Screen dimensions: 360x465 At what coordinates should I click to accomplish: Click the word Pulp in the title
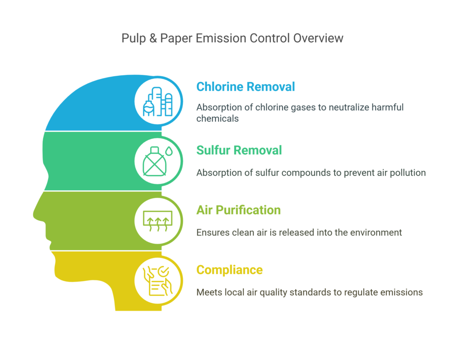coord(133,38)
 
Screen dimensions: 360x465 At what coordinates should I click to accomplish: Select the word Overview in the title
coord(318,38)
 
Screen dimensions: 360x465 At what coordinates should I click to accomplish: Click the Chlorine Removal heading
coord(245,87)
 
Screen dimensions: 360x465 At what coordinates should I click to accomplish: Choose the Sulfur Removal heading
coord(239,150)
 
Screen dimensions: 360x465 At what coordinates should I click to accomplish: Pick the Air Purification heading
coord(238,210)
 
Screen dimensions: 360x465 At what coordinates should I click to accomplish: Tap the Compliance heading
coord(229,270)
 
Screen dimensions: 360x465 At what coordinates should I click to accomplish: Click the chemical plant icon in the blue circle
coord(158,102)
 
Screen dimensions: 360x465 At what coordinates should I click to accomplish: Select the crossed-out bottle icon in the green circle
coord(153,163)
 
